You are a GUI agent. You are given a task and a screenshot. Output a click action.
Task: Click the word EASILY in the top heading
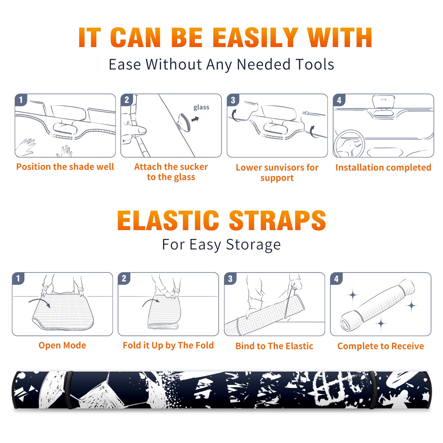[255, 38]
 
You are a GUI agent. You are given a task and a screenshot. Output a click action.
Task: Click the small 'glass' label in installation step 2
[201, 107]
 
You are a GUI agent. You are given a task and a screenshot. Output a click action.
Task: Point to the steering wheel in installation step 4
[349, 144]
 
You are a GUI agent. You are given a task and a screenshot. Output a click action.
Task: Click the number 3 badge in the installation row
[233, 100]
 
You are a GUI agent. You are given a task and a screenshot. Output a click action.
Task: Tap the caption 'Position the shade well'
[65, 167]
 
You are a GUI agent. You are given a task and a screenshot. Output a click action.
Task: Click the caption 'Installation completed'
[383, 168]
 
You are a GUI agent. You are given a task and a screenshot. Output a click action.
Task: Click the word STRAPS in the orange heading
[277, 220]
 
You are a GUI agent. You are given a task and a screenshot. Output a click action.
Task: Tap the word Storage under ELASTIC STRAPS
[253, 245]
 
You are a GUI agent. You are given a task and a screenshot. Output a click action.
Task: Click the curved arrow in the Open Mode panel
[40, 302]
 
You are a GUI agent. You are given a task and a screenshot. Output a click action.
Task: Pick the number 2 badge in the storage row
[124, 278]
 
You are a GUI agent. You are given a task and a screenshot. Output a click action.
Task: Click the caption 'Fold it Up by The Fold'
[168, 345]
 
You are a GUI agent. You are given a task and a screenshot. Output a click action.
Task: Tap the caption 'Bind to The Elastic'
[274, 346]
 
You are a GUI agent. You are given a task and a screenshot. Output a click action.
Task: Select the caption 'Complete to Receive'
[381, 346]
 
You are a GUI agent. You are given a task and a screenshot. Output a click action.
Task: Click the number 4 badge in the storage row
[336, 279]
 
